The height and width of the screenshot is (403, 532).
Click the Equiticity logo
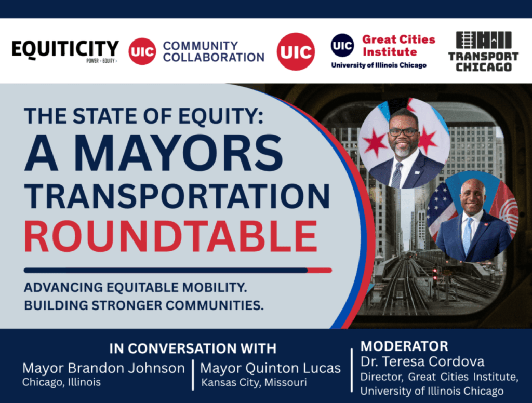click(65, 51)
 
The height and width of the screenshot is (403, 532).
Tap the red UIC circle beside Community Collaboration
click(142, 51)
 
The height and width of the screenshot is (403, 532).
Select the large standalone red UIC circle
click(296, 51)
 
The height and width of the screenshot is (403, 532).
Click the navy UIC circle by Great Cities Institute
click(342, 45)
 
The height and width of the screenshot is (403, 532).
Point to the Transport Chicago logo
click(484, 51)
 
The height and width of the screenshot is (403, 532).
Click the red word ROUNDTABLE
click(170, 236)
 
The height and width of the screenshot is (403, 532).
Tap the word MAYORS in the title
click(179, 153)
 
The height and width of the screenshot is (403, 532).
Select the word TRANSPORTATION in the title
click(177, 196)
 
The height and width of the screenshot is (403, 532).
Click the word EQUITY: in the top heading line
click(221, 116)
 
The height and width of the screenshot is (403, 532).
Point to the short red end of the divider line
click(320, 271)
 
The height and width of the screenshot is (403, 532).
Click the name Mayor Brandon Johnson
click(103, 368)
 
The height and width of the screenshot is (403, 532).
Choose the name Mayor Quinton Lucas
click(270, 368)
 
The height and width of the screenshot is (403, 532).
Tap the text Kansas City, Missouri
click(254, 383)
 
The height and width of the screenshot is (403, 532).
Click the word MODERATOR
click(404, 346)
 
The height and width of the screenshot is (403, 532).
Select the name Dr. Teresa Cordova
click(422, 361)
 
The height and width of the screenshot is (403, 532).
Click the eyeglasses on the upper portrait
click(403, 132)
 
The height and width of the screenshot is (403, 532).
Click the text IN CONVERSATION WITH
click(193, 348)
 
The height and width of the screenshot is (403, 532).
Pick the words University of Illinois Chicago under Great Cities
click(379, 65)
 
